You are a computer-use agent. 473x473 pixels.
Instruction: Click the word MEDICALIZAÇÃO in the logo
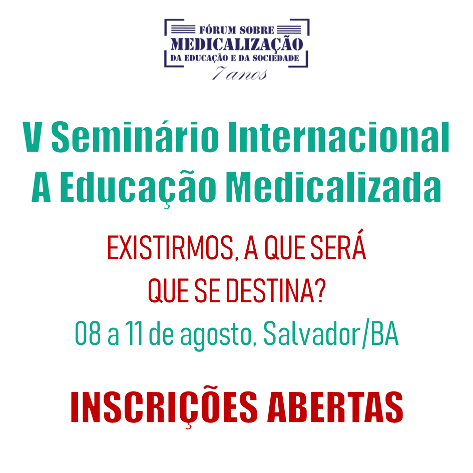tap(237, 45)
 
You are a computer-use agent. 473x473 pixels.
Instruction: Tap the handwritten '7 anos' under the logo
tap(240, 73)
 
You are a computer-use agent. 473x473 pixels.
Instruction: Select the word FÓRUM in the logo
tap(218, 30)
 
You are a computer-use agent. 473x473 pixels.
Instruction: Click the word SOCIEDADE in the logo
tap(275, 58)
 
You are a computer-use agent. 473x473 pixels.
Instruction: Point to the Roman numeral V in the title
tap(32, 137)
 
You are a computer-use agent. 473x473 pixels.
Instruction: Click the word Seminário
tap(135, 136)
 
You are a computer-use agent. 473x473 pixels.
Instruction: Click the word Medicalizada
tap(334, 186)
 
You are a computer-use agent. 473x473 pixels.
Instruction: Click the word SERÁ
tap(338, 244)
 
